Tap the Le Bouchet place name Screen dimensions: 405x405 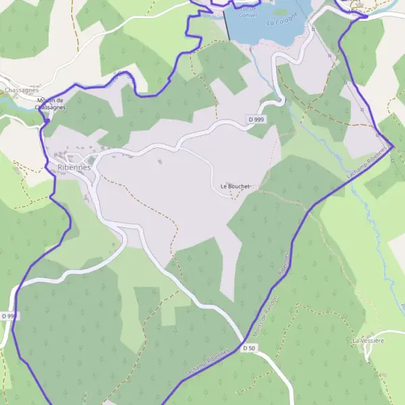tap(235, 186)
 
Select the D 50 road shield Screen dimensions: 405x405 tap(248, 348)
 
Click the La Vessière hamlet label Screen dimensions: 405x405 tap(368, 341)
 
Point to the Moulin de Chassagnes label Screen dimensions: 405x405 tap(51, 103)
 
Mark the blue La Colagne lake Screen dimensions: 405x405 tap(256, 24)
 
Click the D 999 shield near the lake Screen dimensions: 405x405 tap(256, 119)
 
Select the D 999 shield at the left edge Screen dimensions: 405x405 tap(8, 316)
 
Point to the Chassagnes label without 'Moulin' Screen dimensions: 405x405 tap(20, 90)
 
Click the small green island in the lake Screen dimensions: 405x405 tap(279, 11)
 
